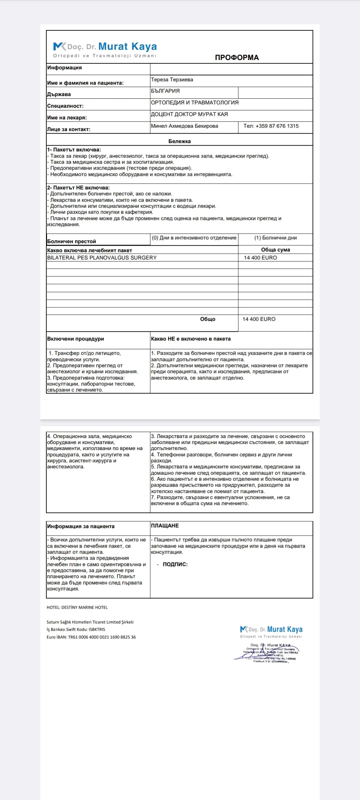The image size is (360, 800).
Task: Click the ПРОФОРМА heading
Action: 237,57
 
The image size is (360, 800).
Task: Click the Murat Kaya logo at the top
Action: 105,49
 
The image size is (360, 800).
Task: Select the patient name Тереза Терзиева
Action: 172,80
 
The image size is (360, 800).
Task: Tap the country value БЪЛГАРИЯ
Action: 165,91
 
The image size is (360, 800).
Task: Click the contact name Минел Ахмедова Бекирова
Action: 184,126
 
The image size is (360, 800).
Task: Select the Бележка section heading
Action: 179,141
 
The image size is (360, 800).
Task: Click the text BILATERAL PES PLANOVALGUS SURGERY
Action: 102,258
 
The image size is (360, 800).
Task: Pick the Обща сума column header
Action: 275,250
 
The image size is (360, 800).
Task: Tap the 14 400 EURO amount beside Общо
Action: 259,319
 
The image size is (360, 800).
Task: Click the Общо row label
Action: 208,319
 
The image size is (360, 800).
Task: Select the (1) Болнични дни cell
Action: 275,238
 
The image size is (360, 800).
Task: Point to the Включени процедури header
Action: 76,339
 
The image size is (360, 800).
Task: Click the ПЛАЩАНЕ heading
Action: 165,526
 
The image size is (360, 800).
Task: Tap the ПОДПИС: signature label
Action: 175,564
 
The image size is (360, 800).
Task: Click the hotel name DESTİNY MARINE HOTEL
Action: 85,607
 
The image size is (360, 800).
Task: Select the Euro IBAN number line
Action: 91,637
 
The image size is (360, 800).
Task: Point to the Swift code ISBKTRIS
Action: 97,629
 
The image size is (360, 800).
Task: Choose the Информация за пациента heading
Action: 81,526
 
